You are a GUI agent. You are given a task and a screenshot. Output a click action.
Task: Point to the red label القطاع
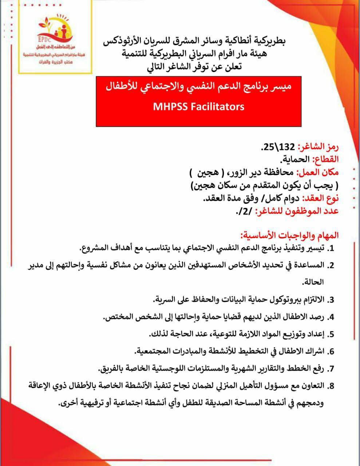[x=326, y=159]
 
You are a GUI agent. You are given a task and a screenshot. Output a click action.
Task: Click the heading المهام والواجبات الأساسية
[x=289, y=235]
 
